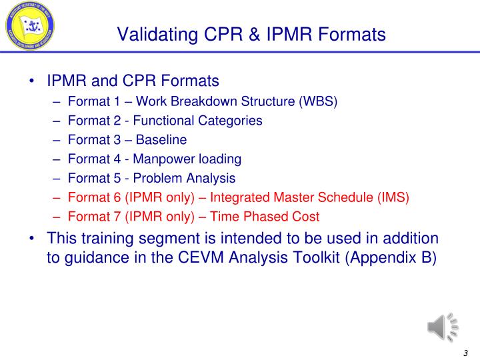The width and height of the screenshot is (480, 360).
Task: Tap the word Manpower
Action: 159,159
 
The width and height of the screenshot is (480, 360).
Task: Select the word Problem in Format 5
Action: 153,178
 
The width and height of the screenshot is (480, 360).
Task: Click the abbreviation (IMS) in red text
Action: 394,197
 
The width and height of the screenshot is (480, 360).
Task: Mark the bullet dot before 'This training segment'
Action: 33,239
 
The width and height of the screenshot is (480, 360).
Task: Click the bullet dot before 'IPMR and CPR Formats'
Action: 33,82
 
